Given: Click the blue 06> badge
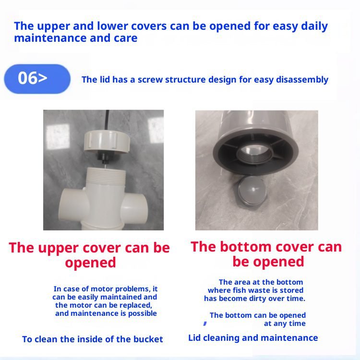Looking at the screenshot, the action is coord(37,79).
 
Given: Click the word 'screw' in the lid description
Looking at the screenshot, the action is coord(150,80).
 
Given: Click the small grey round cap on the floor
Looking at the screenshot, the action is coord(252,191).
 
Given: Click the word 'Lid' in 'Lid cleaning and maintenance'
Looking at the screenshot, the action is coord(194,338).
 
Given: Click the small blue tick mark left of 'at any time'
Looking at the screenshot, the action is coord(205,324).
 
